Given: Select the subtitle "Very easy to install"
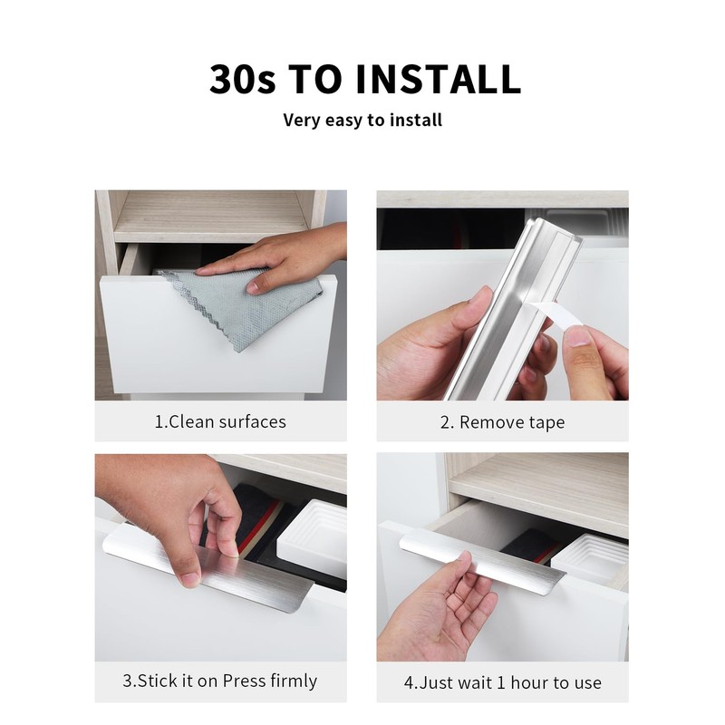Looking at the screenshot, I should click(x=362, y=120).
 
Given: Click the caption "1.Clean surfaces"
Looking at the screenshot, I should click(x=220, y=421).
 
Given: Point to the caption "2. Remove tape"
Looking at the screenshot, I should click(x=502, y=422).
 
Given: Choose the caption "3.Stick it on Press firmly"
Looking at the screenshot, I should click(x=220, y=681).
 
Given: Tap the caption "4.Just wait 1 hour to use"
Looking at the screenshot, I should click(x=502, y=681).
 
